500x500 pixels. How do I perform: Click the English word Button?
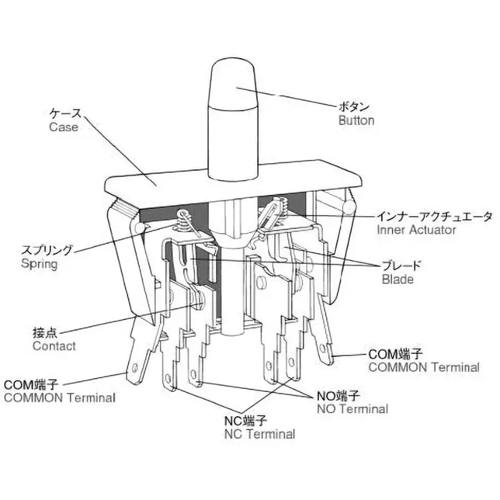356,121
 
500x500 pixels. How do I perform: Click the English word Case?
64,127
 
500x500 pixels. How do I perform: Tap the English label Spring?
39,264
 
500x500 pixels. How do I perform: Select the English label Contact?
54,346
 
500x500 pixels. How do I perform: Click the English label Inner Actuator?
416,229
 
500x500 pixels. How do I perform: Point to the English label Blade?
397,279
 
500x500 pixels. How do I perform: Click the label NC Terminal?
259,434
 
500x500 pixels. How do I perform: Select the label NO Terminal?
352,409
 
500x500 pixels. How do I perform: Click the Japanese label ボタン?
354,106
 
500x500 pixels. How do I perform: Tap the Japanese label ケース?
66,114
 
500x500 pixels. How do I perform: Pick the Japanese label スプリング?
47,251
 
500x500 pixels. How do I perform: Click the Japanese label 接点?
45,332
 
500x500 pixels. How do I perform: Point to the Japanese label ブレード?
401,265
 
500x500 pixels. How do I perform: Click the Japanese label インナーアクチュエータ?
434,216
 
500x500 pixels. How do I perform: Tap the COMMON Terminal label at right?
424,367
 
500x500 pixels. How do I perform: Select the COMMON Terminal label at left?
59,397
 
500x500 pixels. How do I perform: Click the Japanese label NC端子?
246,421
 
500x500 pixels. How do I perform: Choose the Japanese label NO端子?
338,396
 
